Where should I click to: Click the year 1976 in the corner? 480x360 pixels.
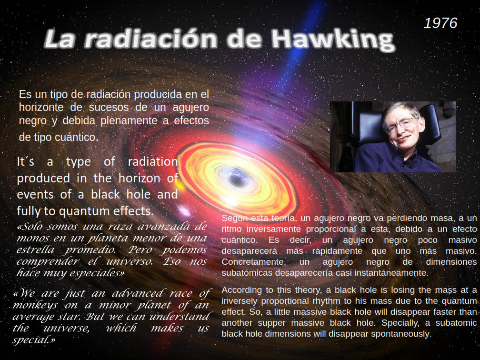(x=440, y=23)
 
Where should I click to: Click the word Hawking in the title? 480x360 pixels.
(x=333, y=40)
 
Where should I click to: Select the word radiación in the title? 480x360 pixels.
(x=150, y=39)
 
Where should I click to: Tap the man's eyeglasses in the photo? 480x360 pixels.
(x=401, y=126)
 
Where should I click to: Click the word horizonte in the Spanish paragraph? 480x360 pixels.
(x=41, y=108)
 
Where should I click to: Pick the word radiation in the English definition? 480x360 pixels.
(x=153, y=161)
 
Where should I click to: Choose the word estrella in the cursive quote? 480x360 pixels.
(x=35, y=250)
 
